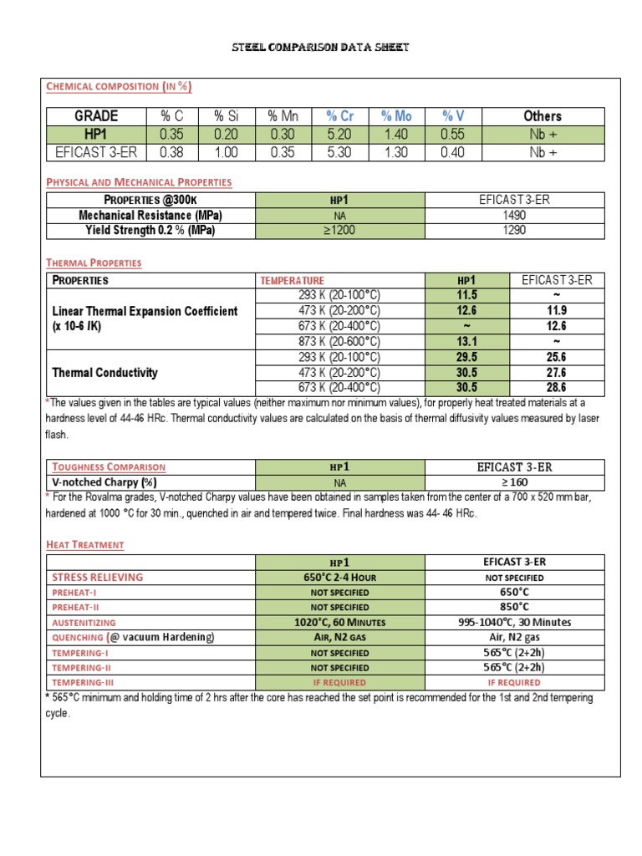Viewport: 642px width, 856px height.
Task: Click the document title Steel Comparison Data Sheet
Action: click(321, 48)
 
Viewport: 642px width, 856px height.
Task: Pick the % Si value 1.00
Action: click(225, 152)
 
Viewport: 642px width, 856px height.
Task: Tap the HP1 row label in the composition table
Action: click(95, 134)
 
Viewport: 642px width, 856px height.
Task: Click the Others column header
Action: click(542, 116)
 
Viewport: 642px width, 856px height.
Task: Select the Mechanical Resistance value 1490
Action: click(514, 215)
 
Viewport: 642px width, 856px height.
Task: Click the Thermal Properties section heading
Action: click(94, 262)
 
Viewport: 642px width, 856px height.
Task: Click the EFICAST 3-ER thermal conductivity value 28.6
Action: click(556, 388)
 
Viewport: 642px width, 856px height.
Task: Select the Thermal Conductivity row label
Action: click(104, 373)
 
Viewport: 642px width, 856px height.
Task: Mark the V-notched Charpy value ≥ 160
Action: click(514, 482)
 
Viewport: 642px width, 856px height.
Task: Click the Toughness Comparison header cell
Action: click(110, 467)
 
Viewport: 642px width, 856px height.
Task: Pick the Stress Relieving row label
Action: click(98, 577)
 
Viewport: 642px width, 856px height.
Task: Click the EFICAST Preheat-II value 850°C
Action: click(514, 607)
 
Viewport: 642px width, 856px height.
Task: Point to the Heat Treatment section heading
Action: click(84, 545)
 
